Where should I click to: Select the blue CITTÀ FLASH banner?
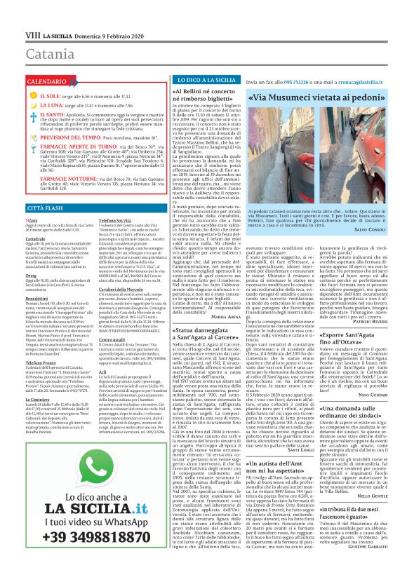46,209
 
